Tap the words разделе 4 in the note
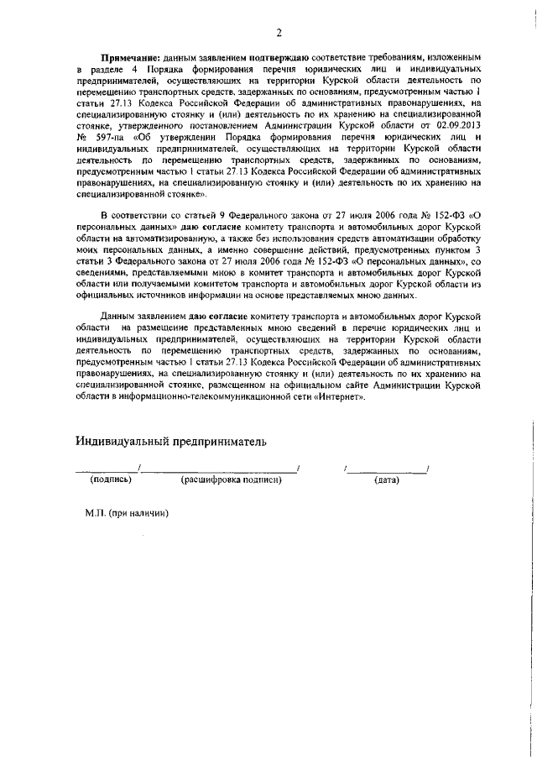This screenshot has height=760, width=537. [112, 66]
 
